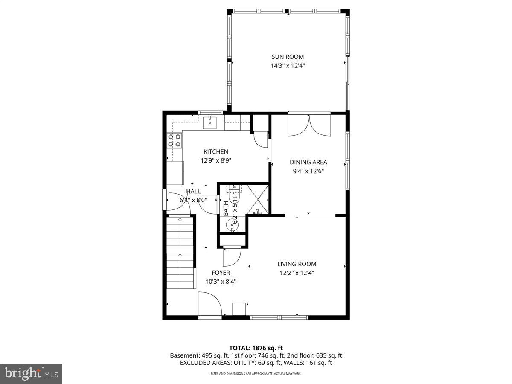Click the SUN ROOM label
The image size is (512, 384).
click(288, 57)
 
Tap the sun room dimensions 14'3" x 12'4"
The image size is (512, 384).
click(288, 66)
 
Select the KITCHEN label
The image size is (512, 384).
click(215, 151)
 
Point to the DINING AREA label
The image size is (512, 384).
click(308, 162)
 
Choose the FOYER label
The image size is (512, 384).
click(221, 273)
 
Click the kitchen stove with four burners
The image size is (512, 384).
click(174, 140)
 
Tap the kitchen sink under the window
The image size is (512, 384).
click(210, 122)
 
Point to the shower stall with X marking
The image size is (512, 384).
click(258, 199)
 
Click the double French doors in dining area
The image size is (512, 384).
click(309, 125)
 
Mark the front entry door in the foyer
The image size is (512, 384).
click(209, 305)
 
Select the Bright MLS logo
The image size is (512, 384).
click(31, 373)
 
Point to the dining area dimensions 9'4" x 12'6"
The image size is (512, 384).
click(308, 171)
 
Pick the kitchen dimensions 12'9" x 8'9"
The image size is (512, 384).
click(215, 160)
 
